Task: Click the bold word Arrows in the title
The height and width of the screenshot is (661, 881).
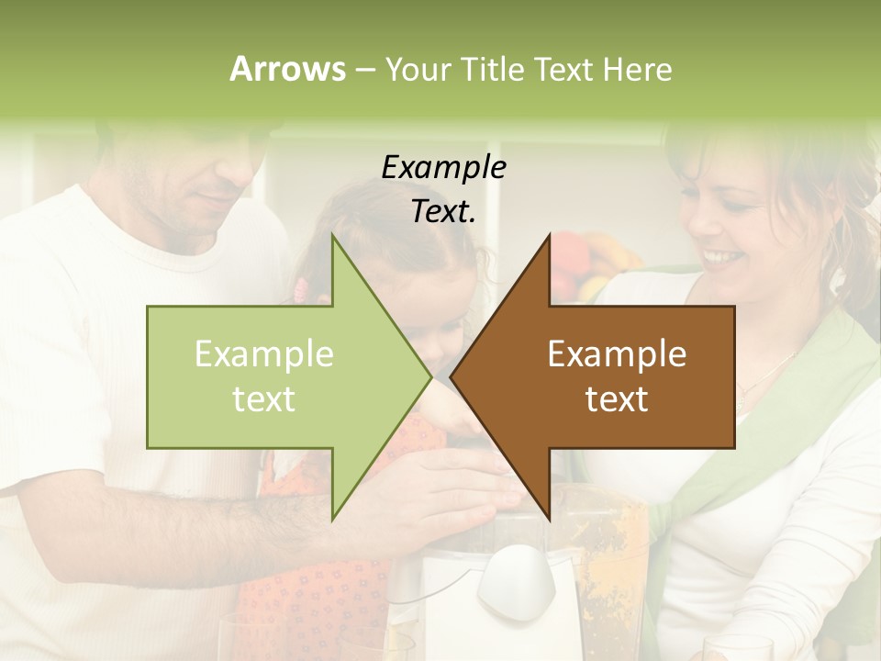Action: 287,69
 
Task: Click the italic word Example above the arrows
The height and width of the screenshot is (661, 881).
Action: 443,168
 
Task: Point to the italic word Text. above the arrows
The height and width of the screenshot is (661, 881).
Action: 443,211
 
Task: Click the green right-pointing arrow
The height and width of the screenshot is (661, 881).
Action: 275,376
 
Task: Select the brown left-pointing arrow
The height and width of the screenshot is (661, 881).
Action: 606,376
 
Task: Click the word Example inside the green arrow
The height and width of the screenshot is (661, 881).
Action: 263,354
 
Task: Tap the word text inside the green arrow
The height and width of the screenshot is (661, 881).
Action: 263,398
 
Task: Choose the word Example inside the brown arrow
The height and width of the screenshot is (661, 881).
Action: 617,354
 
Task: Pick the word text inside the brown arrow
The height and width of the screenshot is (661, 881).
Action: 617,398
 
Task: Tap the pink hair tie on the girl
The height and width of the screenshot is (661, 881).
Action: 300,291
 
